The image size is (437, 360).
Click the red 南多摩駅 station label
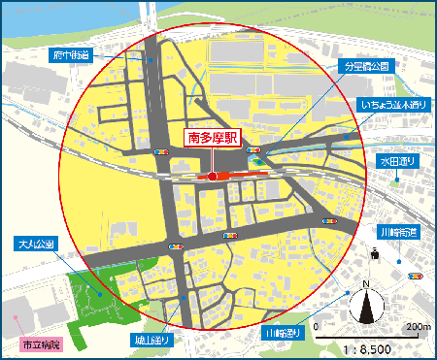pyautogui.click(x=211, y=139)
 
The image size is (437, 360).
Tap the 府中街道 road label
pyautogui.click(x=71, y=56)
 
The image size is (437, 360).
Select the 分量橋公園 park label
pyautogui.click(x=365, y=67)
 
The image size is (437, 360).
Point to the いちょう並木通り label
pyautogui.click(x=393, y=103)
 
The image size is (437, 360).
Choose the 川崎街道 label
pyautogui.click(x=399, y=233)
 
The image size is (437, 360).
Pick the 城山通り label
pyautogui.click(x=152, y=341)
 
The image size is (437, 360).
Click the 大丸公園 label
pyautogui.click(x=38, y=244)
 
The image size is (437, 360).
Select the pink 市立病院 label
pyautogui.click(x=40, y=344)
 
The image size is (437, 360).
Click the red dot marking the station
pyautogui.click(x=212, y=177)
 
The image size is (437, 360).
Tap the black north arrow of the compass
pyautogui.click(x=366, y=309)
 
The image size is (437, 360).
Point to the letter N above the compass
pyautogui.click(x=366, y=284)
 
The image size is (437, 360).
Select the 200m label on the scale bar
pyautogui.click(x=420, y=326)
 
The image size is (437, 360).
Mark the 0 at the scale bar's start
pyautogui.click(x=317, y=326)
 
